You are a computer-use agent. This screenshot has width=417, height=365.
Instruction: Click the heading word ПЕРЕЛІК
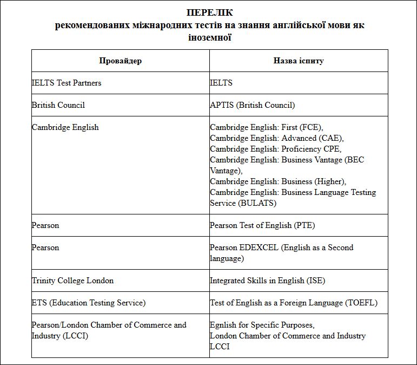pos(209,12)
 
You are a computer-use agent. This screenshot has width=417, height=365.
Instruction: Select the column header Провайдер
pos(120,61)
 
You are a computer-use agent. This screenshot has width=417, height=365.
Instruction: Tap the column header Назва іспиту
pos(298,61)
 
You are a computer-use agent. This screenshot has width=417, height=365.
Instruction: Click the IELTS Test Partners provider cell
pos(67,83)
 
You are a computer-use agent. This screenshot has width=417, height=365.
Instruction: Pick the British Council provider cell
pos(58,105)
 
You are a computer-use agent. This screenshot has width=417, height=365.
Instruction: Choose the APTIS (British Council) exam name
pos(253,105)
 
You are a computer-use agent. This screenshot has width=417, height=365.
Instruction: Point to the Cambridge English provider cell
pos(65,127)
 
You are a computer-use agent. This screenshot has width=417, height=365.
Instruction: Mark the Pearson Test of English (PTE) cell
pos(262,225)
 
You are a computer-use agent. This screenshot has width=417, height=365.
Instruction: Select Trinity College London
pos(72,281)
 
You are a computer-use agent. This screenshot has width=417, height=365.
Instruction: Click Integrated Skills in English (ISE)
pos(267,281)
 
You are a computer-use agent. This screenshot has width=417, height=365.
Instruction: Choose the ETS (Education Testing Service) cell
pos(89,303)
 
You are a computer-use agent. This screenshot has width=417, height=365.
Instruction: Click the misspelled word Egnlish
pos(223,325)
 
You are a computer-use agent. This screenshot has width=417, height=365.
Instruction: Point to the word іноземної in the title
pos(209,37)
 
